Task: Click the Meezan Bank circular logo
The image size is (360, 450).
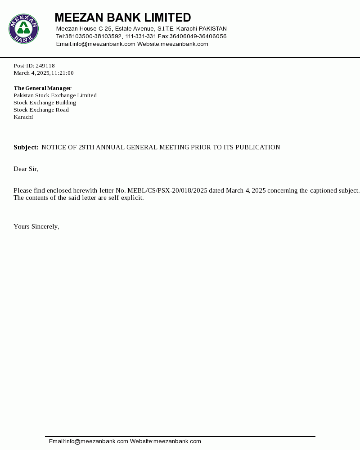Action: (x=23, y=28)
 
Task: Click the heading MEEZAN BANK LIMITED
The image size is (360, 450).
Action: (x=123, y=18)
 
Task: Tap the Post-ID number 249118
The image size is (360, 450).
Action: (x=45, y=66)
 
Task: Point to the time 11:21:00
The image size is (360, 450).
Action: (x=63, y=73)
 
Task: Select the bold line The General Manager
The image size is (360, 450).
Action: (x=42, y=88)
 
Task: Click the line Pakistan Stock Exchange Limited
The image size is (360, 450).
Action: (x=55, y=95)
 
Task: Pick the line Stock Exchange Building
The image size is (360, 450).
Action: (x=45, y=103)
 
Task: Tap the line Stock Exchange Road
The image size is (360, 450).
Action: (x=41, y=110)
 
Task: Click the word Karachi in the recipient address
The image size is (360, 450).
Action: (x=23, y=117)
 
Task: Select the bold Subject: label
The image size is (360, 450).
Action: (x=26, y=148)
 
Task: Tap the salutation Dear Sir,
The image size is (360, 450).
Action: (x=26, y=169)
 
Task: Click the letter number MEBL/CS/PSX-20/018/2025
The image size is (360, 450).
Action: (x=167, y=191)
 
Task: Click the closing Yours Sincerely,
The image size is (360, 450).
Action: (x=36, y=227)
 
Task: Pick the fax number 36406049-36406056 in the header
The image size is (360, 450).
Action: (x=198, y=36)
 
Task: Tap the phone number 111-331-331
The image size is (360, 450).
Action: (x=141, y=36)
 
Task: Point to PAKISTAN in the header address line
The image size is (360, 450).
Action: (x=213, y=29)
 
